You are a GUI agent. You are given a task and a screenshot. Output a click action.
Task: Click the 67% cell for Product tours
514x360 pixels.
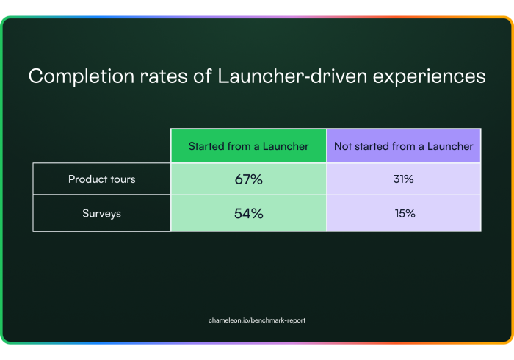(x=248, y=179)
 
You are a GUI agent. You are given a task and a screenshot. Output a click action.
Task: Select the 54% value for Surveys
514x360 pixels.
(x=248, y=214)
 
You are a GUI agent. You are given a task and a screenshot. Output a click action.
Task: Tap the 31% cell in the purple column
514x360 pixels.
(x=404, y=179)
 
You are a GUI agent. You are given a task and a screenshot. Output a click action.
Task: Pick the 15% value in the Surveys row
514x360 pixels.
(x=404, y=214)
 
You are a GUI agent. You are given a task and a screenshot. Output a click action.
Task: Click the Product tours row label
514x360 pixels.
(x=101, y=179)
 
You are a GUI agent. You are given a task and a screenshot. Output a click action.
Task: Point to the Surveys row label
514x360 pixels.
(x=101, y=214)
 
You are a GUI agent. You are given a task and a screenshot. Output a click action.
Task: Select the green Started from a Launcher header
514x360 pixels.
(x=248, y=146)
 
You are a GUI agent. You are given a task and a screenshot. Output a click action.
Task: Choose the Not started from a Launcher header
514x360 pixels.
(x=404, y=146)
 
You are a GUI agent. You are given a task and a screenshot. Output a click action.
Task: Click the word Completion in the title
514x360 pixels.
(x=82, y=76)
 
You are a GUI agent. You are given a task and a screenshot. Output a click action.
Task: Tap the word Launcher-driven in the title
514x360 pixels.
(x=292, y=76)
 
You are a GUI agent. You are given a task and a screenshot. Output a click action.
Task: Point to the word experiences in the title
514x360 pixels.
(x=429, y=77)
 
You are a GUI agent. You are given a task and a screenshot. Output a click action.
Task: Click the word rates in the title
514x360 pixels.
(x=164, y=76)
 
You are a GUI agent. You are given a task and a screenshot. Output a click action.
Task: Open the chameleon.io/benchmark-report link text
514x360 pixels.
(x=257, y=320)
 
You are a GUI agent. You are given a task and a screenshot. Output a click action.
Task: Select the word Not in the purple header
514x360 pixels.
(x=343, y=146)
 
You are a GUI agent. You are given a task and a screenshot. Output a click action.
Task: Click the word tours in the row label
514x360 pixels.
(x=123, y=179)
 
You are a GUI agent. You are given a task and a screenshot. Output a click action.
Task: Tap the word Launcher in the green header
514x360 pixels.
(x=286, y=146)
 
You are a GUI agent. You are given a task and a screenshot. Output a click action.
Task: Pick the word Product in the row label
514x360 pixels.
(x=88, y=179)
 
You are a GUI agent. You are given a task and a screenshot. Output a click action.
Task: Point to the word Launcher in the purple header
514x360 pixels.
(x=450, y=146)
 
